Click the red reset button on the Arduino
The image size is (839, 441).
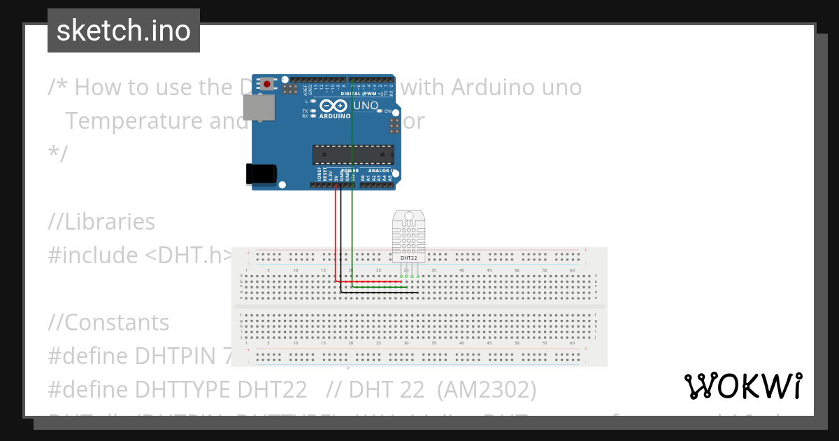coord(267,85)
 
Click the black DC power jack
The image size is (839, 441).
coord(261,174)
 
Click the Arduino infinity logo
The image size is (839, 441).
coord(334,106)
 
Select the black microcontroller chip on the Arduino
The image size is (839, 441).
coord(352,153)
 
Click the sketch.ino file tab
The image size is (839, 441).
coord(124,31)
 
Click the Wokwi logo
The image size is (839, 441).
coord(743,386)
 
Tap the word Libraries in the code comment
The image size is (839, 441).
coord(110,222)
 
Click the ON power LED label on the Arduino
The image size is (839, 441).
coord(387,111)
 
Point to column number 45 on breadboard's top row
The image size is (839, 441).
coord(489,270)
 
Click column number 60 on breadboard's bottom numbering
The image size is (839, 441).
coord(572,344)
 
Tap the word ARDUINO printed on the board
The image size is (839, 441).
coord(334,116)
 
